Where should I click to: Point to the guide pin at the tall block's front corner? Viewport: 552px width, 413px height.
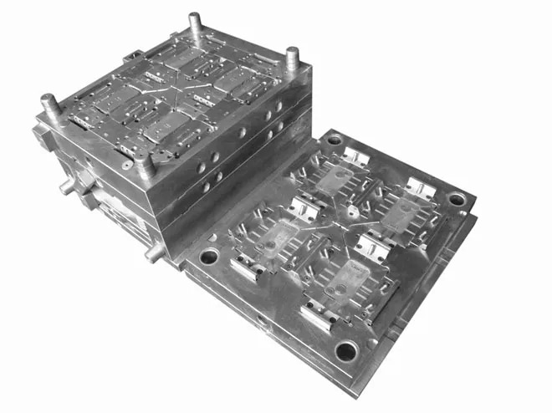146,163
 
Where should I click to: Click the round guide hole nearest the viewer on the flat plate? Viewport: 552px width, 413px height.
346,349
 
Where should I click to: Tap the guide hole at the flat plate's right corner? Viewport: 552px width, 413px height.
457,200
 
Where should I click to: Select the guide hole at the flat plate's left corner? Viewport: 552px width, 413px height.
208,256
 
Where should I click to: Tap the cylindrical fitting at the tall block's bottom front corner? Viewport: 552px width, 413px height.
153,252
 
